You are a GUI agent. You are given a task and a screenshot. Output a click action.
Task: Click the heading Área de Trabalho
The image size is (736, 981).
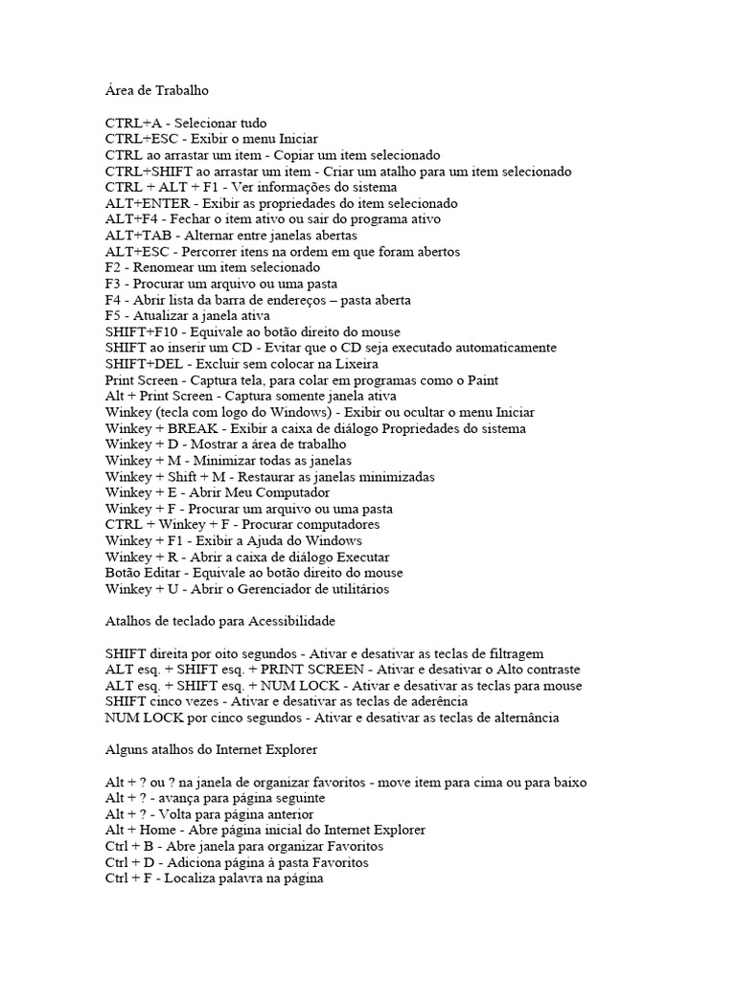[x=156, y=91]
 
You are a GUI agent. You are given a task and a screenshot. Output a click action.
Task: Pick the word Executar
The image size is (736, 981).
[x=359, y=557]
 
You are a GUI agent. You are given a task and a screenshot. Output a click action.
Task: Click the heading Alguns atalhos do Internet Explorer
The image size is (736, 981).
[x=211, y=750]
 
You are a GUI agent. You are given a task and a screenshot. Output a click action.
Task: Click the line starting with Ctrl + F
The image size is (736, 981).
[x=215, y=878]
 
